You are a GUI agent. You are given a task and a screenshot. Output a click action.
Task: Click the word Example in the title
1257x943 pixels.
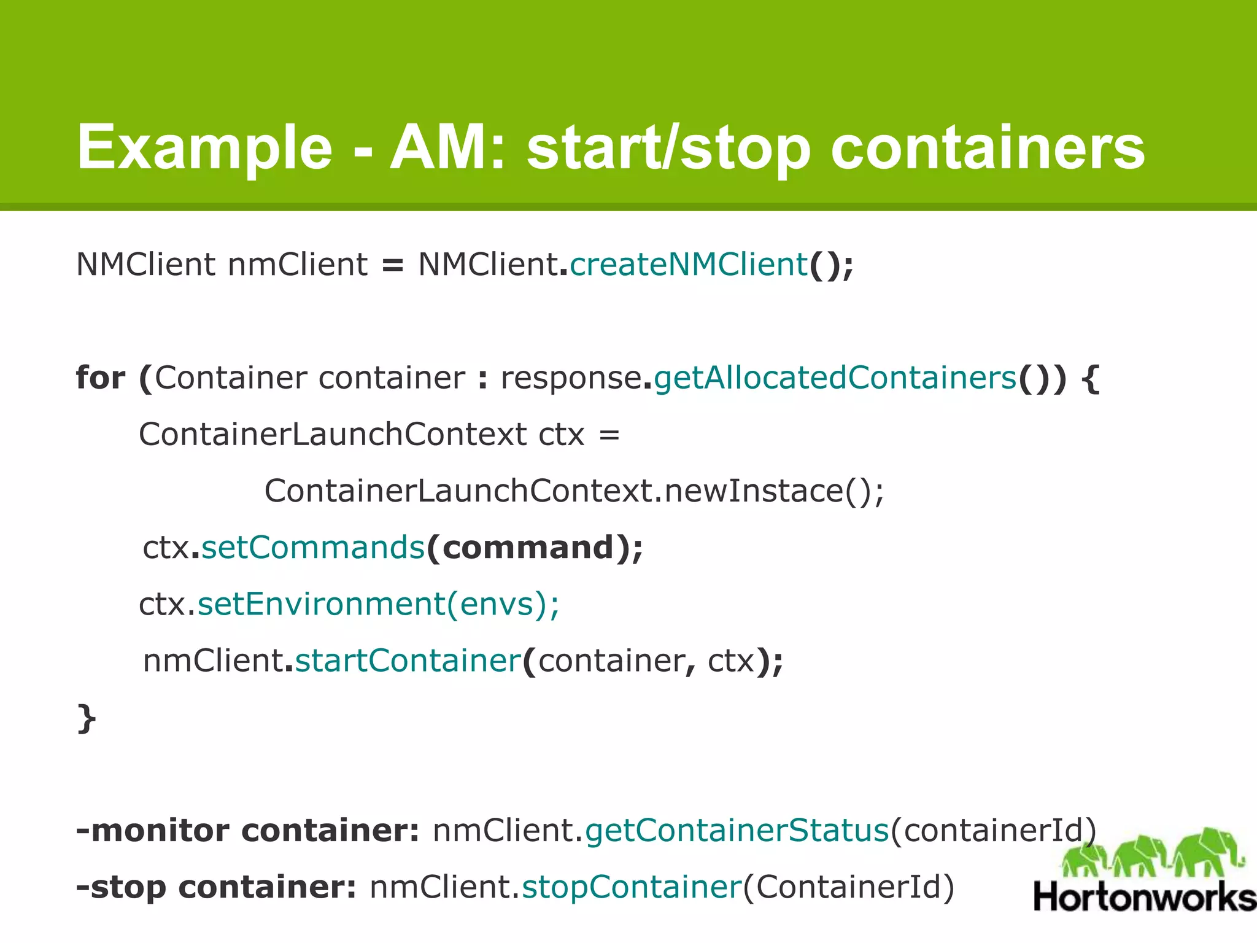(204, 148)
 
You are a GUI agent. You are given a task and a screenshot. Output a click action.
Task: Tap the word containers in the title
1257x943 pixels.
(988, 148)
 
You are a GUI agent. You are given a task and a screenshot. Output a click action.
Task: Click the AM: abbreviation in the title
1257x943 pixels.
(447, 148)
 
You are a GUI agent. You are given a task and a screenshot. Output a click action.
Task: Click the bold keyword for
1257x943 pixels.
(100, 377)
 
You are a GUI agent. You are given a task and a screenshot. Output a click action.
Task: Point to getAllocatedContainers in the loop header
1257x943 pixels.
(835, 377)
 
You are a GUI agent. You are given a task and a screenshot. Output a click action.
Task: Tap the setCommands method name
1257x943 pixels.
(313, 547)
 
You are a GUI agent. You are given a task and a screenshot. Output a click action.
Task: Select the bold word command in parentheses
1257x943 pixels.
(528, 547)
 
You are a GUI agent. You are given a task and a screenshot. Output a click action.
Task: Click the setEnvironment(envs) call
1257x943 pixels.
(378, 604)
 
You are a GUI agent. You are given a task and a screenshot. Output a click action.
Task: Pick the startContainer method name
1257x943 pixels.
(408, 661)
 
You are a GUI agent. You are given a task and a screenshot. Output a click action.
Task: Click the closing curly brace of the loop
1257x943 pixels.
(87, 718)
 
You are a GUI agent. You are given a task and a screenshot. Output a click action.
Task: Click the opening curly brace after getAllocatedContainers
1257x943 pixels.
(1090, 378)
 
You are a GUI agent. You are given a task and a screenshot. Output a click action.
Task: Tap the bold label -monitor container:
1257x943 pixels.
(248, 831)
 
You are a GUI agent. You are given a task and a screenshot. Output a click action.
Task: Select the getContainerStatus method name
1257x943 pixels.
(737, 831)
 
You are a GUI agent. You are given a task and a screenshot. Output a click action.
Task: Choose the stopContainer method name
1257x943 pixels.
(632, 887)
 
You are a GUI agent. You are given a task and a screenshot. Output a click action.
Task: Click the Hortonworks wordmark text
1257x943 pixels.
(1145, 897)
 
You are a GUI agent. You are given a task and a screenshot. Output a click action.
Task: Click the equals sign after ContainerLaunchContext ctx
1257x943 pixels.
(609, 435)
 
